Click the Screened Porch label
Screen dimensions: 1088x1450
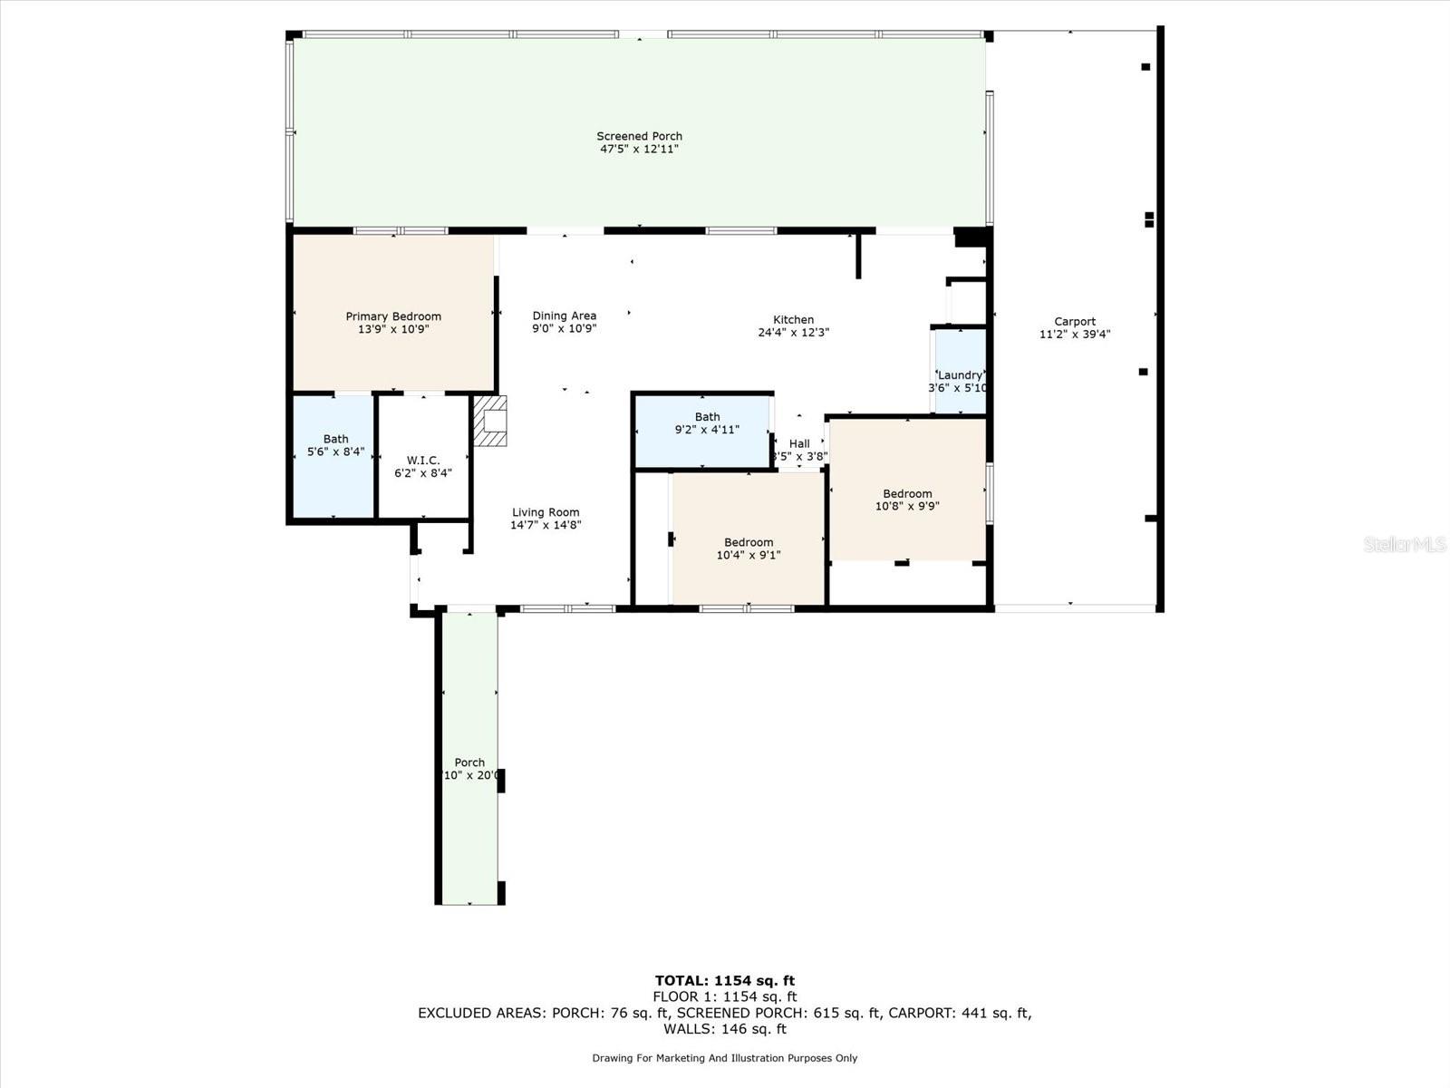(639, 136)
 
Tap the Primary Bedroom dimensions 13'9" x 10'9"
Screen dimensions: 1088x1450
(393, 330)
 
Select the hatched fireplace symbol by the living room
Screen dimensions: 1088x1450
(491, 421)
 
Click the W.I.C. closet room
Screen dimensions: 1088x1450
(423, 466)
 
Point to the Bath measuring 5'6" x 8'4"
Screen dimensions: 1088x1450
(335, 445)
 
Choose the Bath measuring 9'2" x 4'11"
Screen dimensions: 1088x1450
(707, 423)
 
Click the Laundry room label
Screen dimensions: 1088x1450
(960, 375)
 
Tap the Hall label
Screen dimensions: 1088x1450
(799, 443)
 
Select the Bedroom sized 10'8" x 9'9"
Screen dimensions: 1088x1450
(907, 500)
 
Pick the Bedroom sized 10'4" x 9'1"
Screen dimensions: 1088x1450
(749, 549)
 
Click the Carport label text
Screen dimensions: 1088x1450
(1075, 321)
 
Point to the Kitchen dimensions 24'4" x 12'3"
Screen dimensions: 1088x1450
(793, 333)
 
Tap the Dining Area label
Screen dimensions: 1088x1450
(564, 316)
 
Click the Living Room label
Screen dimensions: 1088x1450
(545, 512)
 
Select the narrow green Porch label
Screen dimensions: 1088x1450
(469, 763)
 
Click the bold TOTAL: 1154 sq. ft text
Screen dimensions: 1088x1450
(725, 980)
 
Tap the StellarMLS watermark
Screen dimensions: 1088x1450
(1405, 545)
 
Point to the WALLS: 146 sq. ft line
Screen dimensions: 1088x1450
(725, 1029)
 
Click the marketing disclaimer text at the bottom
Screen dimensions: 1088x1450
(725, 1058)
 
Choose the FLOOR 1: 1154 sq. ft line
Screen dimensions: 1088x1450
(725, 996)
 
